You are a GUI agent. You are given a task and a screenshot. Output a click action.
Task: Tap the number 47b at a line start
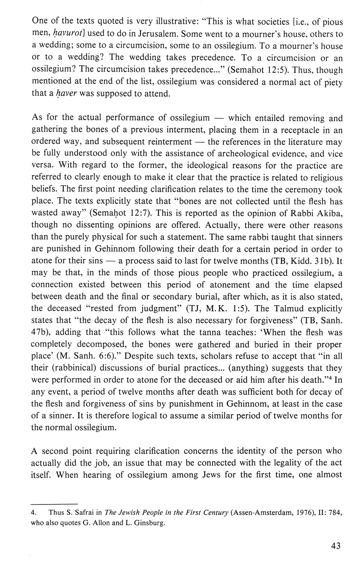pyautogui.click(x=39, y=332)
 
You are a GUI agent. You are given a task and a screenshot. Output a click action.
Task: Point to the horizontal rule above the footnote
pyautogui.click(x=55, y=503)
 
